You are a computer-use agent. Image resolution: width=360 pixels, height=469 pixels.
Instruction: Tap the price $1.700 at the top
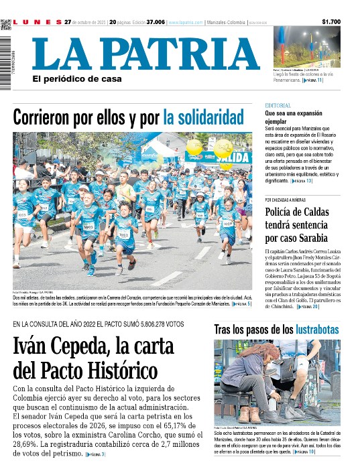pos(331,22)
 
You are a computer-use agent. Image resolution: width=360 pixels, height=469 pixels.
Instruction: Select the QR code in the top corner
pos(6,25)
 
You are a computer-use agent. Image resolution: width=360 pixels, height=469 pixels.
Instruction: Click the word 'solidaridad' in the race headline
pos(203,118)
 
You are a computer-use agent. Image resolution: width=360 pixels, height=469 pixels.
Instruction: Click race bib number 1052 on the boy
pos(123,234)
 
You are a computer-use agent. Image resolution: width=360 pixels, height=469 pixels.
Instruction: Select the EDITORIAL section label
pos(278,106)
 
